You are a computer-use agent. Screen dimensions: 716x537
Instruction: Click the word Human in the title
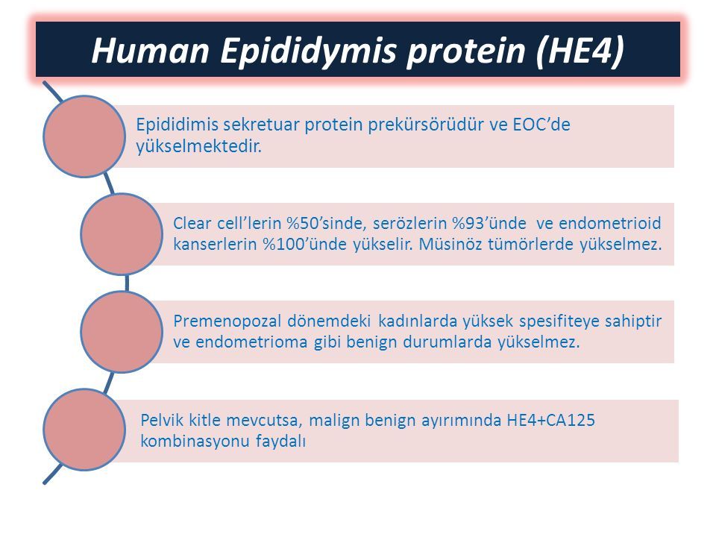click(x=150, y=50)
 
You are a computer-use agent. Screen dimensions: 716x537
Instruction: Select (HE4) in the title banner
click(x=580, y=50)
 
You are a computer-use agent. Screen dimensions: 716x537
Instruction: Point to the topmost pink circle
click(x=84, y=136)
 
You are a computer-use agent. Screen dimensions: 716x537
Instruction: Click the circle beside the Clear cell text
click(x=122, y=233)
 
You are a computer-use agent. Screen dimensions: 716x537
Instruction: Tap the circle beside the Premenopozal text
click(x=122, y=332)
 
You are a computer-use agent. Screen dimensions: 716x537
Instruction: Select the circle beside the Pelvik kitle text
click(x=84, y=430)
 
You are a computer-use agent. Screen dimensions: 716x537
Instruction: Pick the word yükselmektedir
click(x=198, y=147)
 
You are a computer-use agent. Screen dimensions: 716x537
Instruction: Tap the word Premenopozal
click(x=227, y=321)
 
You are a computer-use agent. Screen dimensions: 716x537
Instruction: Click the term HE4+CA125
click(x=550, y=420)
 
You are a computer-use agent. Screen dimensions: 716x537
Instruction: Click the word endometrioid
click(x=610, y=223)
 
